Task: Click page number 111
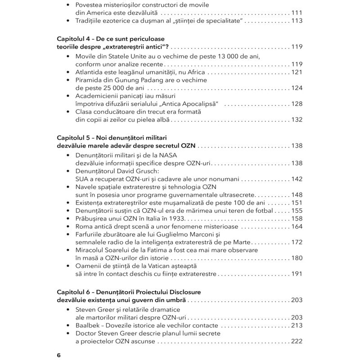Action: [297, 13]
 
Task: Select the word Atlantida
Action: [90, 72]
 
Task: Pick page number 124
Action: [297, 88]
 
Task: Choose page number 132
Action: [297, 120]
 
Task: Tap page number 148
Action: [297, 195]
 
